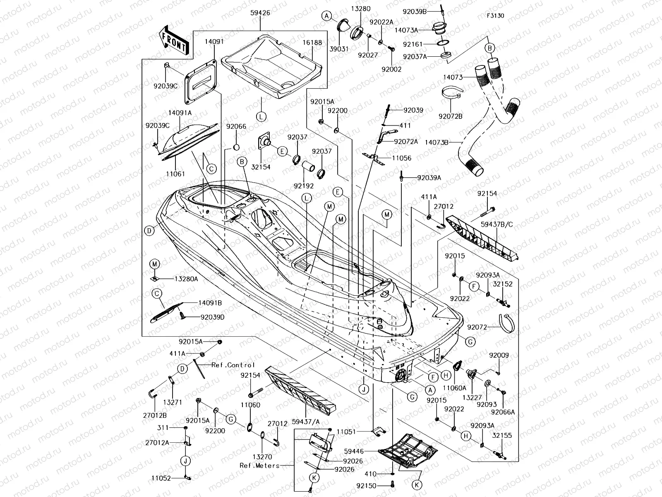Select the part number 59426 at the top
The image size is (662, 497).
[x=260, y=13]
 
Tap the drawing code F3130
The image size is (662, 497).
[x=495, y=16]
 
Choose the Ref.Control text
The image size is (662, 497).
[x=233, y=365]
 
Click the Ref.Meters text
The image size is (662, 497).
[x=259, y=465]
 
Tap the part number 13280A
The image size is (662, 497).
[x=185, y=279]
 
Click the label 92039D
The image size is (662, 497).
[x=212, y=317]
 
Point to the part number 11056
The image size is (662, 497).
[x=401, y=158]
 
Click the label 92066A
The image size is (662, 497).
[x=503, y=412]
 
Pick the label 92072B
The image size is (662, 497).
[x=452, y=116]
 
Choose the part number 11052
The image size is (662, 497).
[x=161, y=478]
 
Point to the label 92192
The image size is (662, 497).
[x=304, y=186]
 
